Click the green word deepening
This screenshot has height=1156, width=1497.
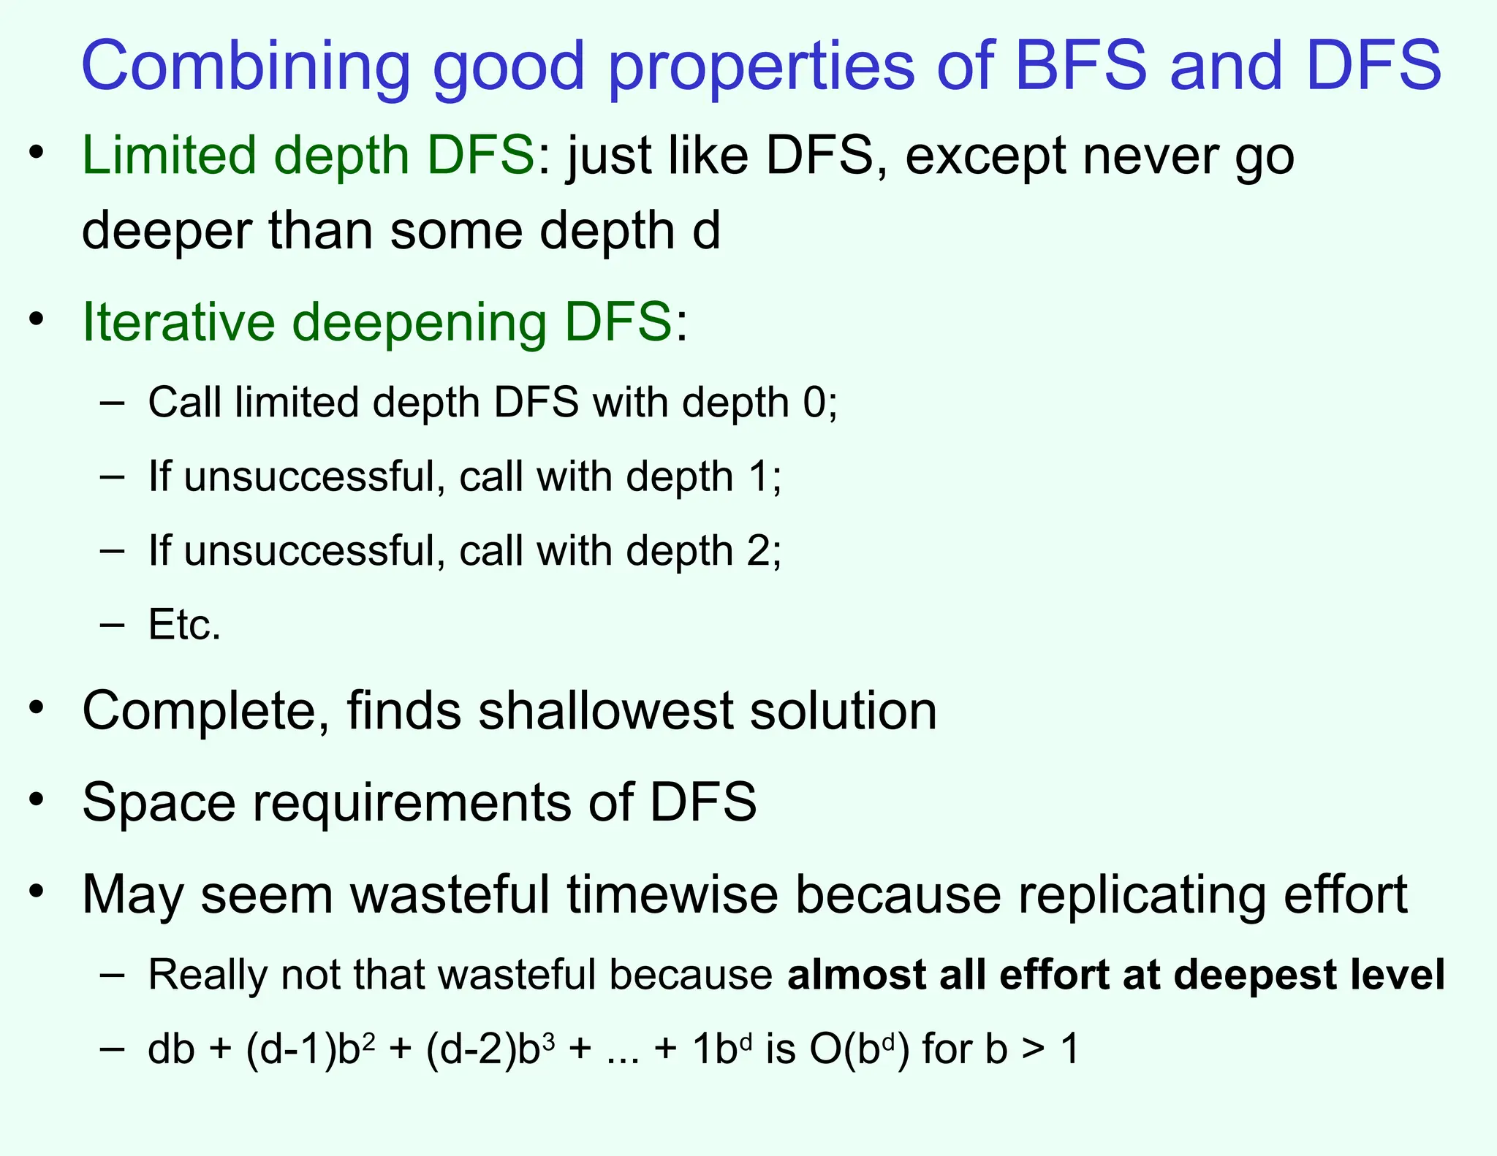[x=420, y=324]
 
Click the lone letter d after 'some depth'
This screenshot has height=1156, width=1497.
[x=705, y=230]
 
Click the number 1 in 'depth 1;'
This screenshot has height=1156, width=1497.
[x=759, y=477]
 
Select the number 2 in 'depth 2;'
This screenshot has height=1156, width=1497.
[x=759, y=550]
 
